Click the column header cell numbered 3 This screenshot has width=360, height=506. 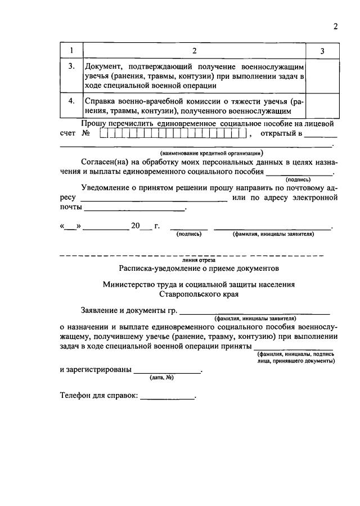322,52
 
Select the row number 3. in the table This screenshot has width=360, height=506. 71,66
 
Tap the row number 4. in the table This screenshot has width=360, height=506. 71,101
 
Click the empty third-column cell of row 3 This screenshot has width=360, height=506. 322,76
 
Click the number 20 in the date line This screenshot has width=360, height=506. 135,226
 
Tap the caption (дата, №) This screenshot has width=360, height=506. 161,378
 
